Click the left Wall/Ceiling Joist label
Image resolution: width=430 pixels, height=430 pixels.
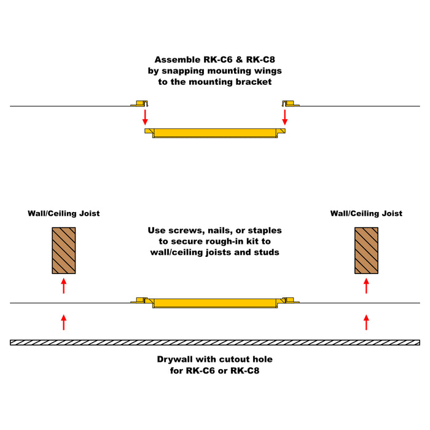(63, 214)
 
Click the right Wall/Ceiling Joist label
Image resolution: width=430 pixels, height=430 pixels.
(366, 214)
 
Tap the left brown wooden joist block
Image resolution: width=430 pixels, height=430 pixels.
(63, 250)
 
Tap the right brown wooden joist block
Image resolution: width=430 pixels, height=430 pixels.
(367, 250)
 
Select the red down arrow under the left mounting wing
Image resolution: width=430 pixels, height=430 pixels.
(146, 117)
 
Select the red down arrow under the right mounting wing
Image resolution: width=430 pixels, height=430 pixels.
(284, 117)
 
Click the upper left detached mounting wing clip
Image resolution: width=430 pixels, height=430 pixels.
(140, 103)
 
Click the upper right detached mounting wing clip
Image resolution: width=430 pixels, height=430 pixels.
(289, 103)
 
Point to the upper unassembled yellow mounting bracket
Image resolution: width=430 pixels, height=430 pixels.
(214, 133)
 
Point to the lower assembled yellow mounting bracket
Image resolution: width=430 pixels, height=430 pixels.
(214, 303)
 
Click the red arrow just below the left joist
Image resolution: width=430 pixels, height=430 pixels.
(63, 285)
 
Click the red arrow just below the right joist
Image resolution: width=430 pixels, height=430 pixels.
(367, 285)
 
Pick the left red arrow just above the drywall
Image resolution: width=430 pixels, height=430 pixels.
(63, 321)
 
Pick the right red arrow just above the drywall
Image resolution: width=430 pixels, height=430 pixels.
(367, 321)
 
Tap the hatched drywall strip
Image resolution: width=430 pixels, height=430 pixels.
(214, 342)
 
